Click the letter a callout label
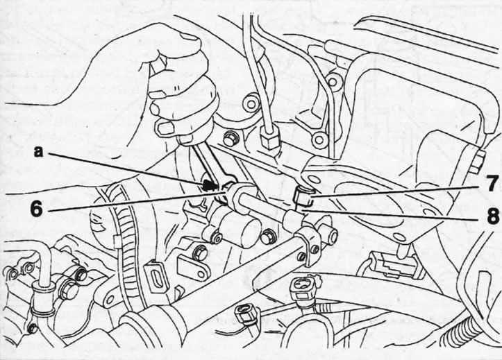(38, 152)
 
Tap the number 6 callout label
(36, 209)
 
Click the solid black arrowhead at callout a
(208, 185)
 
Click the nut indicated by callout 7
(302, 196)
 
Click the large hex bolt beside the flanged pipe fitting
(69, 289)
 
